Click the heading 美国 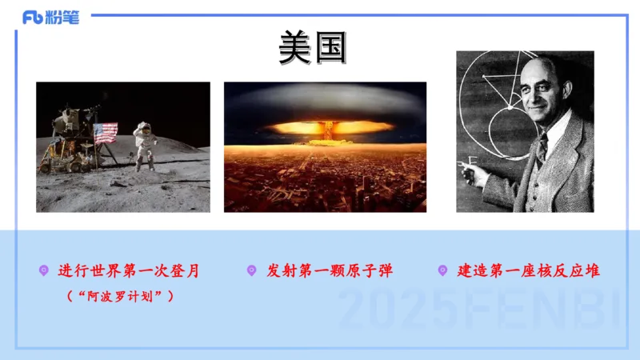click(x=313, y=48)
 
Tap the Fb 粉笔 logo click(x=50, y=17)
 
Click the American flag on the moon click(x=106, y=133)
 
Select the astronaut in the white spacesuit click(x=145, y=145)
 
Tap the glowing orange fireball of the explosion click(x=324, y=128)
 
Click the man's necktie click(x=542, y=148)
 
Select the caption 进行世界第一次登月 click(x=128, y=271)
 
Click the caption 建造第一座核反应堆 click(x=529, y=271)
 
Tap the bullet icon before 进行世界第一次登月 click(x=44, y=271)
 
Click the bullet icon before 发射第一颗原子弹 click(x=251, y=271)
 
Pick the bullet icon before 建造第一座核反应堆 click(x=442, y=271)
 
